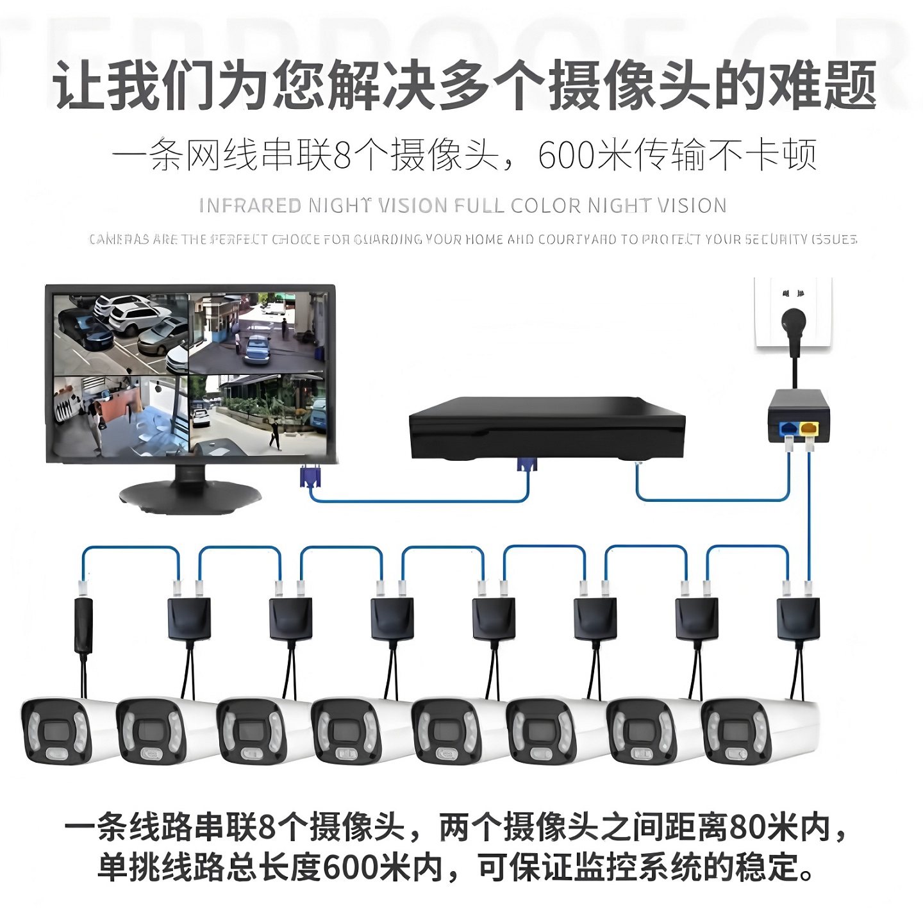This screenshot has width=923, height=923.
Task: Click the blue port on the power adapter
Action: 787,428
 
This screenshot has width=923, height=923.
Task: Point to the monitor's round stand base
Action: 190,496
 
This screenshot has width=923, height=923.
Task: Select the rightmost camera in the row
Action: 756,731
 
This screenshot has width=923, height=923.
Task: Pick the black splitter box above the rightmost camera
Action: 798,619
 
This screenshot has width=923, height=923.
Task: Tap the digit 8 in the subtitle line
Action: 342,155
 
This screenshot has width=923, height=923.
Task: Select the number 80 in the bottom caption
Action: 747,827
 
